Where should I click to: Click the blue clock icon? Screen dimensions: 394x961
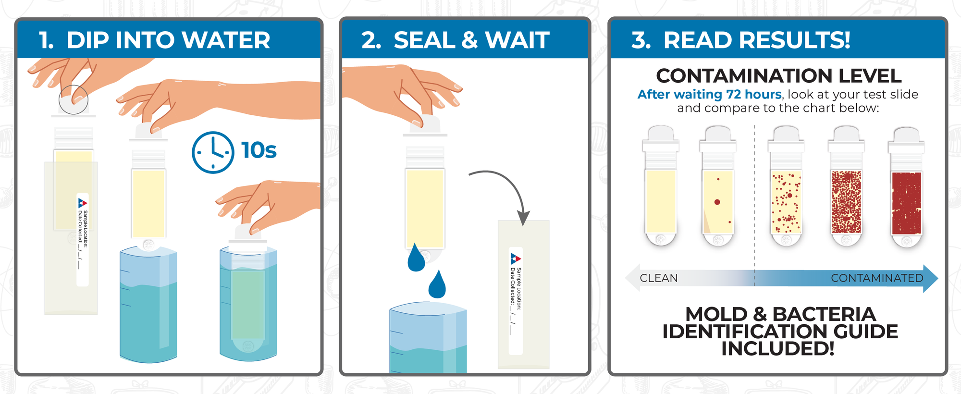[212, 152]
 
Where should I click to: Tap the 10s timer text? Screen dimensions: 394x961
[259, 150]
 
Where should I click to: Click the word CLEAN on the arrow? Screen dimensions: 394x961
[659, 278]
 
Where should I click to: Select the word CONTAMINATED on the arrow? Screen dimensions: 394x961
[877, 278]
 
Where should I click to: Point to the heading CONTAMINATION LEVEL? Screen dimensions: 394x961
[778, 76]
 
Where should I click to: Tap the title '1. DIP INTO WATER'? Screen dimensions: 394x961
[155, 40]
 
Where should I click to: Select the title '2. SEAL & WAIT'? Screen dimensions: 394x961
[456, 40]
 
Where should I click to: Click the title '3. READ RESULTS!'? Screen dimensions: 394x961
[741, 40]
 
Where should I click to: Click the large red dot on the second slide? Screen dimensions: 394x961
[717, 202]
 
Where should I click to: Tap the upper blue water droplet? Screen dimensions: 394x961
[416, 259]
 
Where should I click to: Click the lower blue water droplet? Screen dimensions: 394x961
[437, 285]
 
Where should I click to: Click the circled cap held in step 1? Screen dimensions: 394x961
[74, 100]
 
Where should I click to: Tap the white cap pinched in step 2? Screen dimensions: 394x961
[426, 124]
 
